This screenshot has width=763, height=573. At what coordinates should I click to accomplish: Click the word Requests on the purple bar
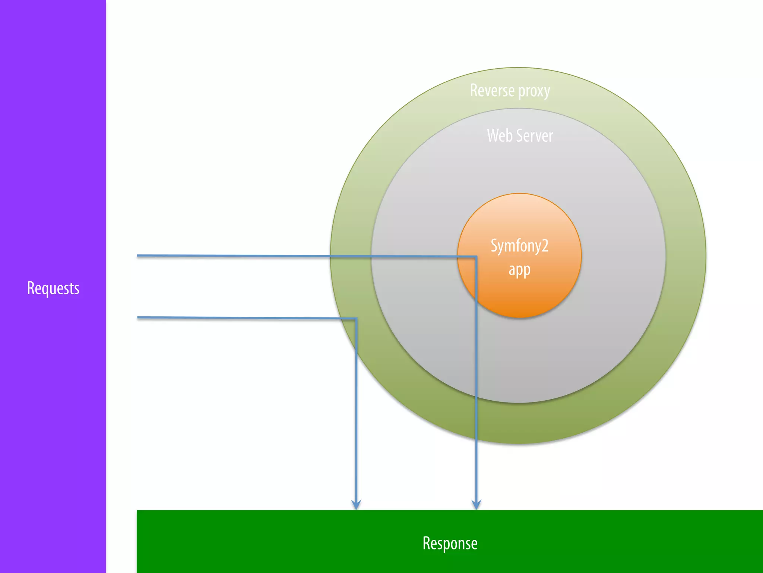click(53, 288)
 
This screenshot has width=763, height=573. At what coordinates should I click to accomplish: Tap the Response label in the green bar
click(450, 543)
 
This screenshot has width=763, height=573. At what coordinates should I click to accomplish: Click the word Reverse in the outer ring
click(492, 90)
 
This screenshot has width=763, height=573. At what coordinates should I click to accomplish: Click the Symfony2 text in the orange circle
click(519, 246)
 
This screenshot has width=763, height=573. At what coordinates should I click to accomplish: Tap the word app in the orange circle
click(519, 270)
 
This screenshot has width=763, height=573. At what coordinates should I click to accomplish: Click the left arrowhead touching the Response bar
click(356, 505)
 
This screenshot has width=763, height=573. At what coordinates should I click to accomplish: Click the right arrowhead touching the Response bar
click(476, 505)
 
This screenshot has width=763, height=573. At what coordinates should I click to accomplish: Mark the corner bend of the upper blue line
click(476, 257)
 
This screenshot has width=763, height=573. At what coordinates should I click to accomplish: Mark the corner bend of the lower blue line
click(356, 319)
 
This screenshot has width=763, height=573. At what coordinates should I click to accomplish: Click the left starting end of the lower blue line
click(139, 317)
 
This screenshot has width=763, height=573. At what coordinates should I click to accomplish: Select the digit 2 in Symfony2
click(545, 245)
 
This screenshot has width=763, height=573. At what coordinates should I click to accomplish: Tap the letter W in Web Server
click(493, 135)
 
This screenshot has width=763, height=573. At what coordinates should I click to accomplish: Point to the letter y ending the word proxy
click(547, 92)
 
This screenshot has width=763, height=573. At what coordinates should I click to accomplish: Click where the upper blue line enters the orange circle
click(458, 256)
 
